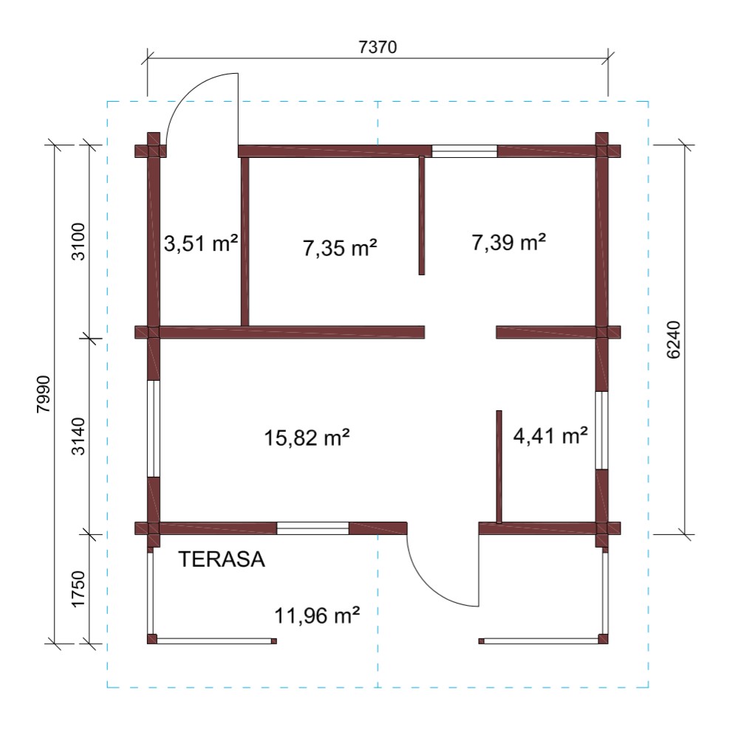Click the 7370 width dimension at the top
tap(378, 47)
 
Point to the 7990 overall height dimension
tap(44, 394)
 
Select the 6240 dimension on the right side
tap(674, 339)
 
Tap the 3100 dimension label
tap(78, 241)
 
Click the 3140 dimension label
tap(78, 436)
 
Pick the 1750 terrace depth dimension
tap(78, 589)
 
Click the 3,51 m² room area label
tap(201, 244)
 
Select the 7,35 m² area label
tap(340, 247)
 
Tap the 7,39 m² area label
tap(509, 242)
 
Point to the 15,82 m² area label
tap(307, 437)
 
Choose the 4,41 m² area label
tap(550, 435)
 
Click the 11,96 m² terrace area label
tap(317, 615)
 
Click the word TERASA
tap(222, 559)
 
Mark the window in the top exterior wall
tap(465, 151)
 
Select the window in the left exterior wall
tap(154, 429)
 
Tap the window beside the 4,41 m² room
tap(602, 430)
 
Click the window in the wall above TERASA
tap(313, 528)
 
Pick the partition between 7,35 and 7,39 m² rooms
tap(422, 215)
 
